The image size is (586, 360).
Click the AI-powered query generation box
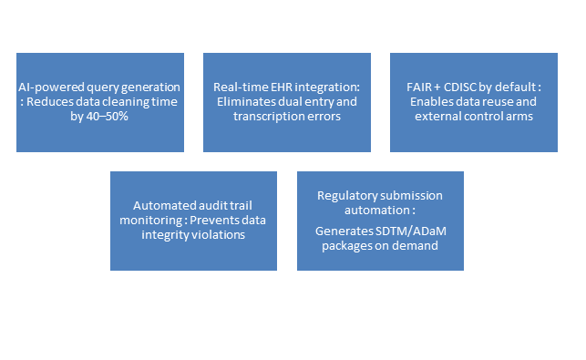coord(100,102)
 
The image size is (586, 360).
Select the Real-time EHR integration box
coord(286,102)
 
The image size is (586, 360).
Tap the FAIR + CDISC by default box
coord(473,102)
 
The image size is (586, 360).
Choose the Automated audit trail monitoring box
coord(193,221)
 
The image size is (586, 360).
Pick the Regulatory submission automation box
coord(380,221)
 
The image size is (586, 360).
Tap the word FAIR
coord(416,87)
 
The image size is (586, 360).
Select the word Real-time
coord(239,87)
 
